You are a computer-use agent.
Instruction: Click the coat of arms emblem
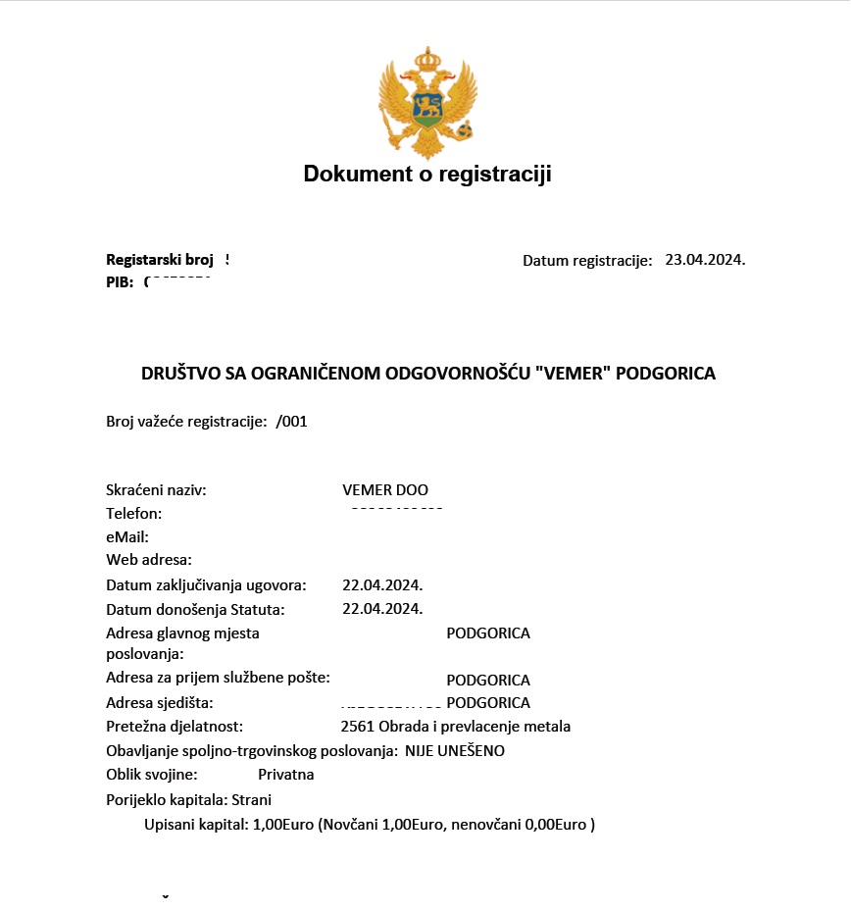(427, 102)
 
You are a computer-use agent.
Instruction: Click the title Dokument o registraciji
(427, 175)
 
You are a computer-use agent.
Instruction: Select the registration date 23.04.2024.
(705, 260)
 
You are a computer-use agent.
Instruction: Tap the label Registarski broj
(160, 260)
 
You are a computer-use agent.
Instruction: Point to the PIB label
(119, 282)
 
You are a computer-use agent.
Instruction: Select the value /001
(292, 422)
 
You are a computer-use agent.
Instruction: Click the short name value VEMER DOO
(385, 490)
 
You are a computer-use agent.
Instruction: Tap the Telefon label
(133, 513)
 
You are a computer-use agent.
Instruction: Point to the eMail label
(126, 536)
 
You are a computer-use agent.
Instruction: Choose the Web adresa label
(149, 560)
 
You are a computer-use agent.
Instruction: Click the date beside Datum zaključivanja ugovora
(382, 585)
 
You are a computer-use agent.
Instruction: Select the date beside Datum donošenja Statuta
(382, 609)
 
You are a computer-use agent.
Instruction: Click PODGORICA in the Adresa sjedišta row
(488, 703)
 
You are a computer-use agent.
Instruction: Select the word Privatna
(286, 775)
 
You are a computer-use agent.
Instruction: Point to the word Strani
(251, 799)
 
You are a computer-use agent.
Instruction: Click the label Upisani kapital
(195, 825)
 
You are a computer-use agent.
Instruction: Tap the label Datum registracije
(587, 261)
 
